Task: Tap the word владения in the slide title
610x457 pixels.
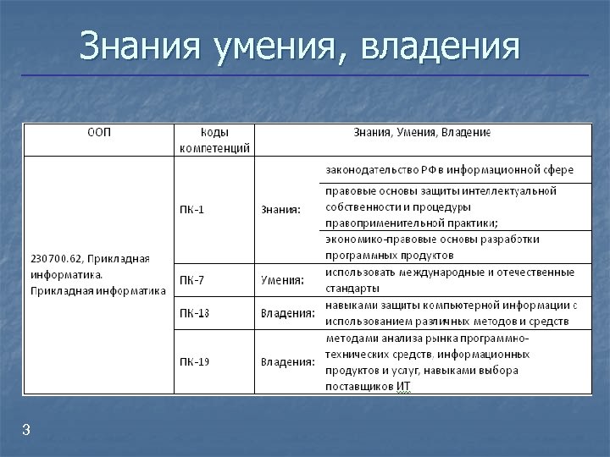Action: [x=439, y=47]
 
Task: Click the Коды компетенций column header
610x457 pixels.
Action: [x=214, y=140]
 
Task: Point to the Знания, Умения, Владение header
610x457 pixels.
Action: [x=421, y=133]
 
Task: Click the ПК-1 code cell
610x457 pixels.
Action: [x=191, y=209]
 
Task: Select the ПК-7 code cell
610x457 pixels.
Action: [x=191, y=278]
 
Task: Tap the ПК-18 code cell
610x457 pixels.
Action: [x=194, y=313]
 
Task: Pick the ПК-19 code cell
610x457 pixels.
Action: [x=194, y=361]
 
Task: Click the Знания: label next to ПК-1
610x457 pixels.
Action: [x=280, y=209]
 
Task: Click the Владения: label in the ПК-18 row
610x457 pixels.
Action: [x=287, y=313]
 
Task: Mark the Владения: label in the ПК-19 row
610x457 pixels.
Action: [x=287, y=361]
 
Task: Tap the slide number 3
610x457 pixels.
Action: [x=26, y=431]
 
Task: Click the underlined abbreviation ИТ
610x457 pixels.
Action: [x=402, y=387]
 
